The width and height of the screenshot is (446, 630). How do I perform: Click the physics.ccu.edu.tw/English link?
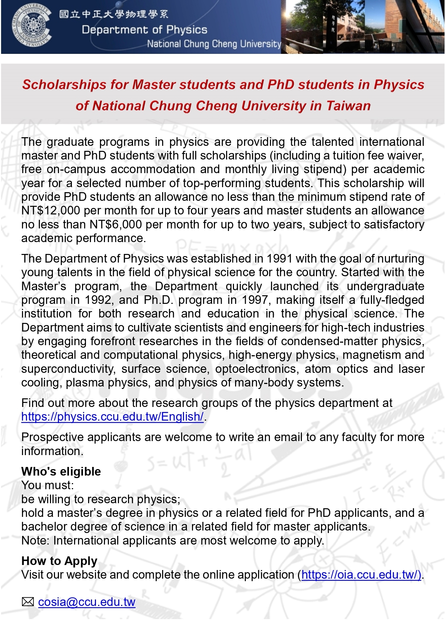112,417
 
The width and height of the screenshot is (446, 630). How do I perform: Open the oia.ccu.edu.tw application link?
361,575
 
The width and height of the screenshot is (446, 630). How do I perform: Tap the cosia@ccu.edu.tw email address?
87,602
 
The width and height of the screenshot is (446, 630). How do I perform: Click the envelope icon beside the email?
28,602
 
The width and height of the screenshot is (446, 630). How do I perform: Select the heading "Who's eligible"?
61,472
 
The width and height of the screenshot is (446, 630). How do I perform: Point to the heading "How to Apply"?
59,561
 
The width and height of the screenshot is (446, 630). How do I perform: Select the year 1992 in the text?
98,300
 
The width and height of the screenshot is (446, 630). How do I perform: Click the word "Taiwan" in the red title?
348,106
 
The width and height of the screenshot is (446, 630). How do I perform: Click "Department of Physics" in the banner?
144,30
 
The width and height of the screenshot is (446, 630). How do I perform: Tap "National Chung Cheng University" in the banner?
214,44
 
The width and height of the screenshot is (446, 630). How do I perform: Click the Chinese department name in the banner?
114,14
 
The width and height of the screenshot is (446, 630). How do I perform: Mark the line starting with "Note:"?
173,541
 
